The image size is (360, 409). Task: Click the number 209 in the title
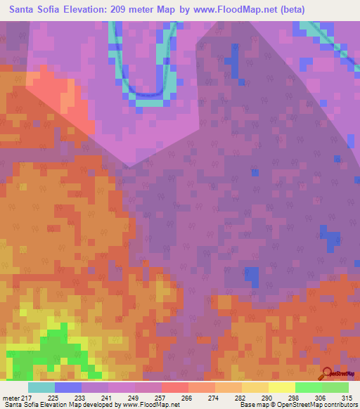pos(129,10)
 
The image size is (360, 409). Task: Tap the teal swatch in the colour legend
pos(41,387)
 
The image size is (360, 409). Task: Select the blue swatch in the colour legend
pos(68,387)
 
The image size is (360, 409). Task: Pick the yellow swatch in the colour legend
pos(281,387)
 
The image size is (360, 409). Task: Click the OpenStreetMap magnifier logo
pos(327,373)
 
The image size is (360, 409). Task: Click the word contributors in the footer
pos(340,405)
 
